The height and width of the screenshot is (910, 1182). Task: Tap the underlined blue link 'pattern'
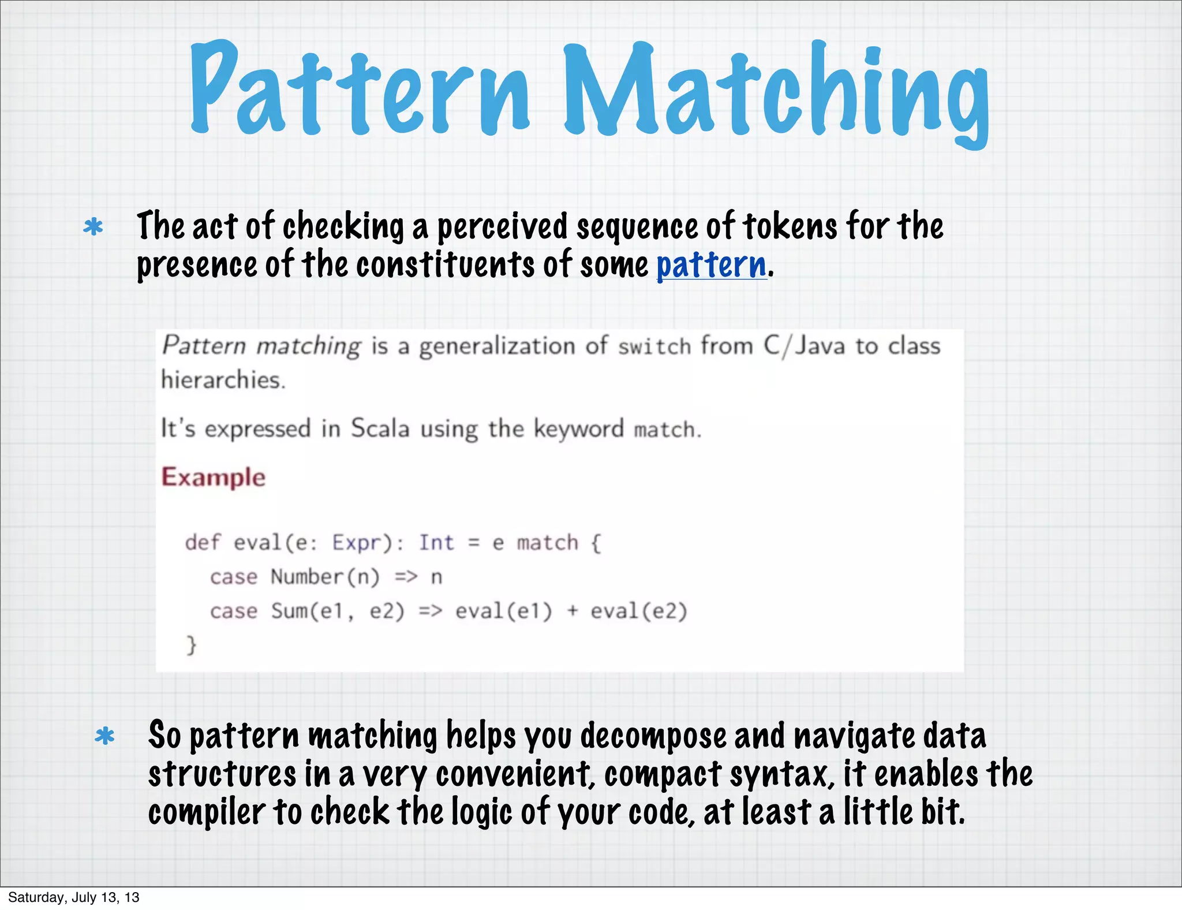pos(712,266)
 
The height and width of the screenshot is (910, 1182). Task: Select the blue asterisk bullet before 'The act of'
pos(93,226)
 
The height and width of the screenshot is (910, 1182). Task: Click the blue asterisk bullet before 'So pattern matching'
pos(105,736)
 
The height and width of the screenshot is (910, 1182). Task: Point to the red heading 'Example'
pos(214,478)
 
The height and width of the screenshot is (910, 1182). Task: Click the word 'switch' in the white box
pos(654,346)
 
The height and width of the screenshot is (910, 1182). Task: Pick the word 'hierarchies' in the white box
pos(223,380)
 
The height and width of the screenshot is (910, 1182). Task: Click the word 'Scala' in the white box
pos(380,428)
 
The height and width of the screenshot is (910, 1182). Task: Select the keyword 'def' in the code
pos(203,543)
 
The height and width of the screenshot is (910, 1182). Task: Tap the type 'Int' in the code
pos(436,543)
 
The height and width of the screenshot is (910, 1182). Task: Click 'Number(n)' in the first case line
pos(325,577)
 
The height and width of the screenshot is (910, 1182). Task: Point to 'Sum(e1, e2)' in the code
pos(338,611)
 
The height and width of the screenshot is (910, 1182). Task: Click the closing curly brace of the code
pos(192,644)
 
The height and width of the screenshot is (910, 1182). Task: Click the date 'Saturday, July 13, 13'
pos(74,897)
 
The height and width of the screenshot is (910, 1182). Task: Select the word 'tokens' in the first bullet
pos(790,226)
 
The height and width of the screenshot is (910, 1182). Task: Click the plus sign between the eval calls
pos(572,611)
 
